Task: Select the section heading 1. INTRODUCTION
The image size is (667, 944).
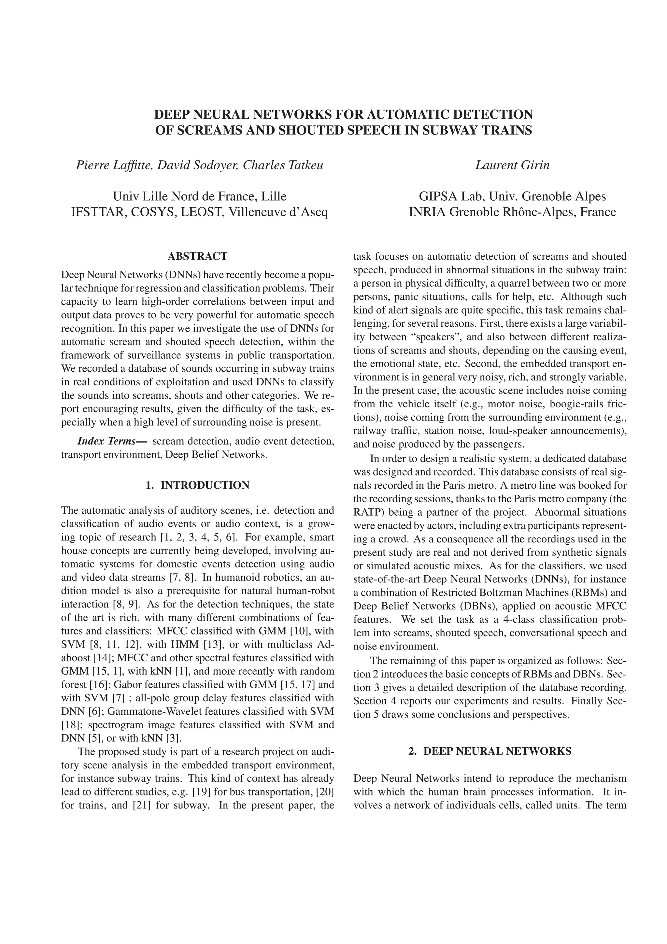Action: coord(197,485)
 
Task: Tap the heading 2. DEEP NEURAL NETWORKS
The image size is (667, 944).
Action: coord(490,751)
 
